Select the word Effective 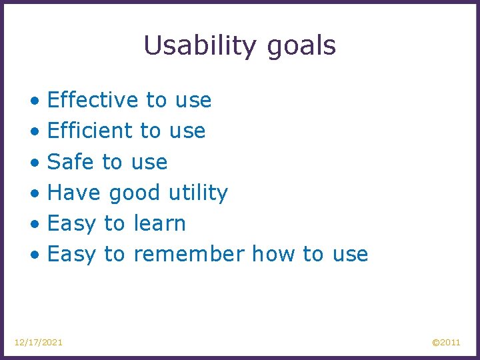click(x=93, y=100)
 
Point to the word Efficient click(x=90, y=131)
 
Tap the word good click(x=135, y=193)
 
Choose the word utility click(x=198, y=193)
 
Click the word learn click(x=159, y=223)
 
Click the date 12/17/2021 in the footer click(x=39, y=342)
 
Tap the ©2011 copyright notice click(x=446, y=342)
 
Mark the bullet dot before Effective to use click(x=34, y=101)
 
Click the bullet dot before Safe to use click(x=34, y=163)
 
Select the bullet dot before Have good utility click(x=34, y=194)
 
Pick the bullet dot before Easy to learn click(x=34, y=225)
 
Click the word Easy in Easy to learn click(x=72, y=224)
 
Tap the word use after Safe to click(x=149, y=162)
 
